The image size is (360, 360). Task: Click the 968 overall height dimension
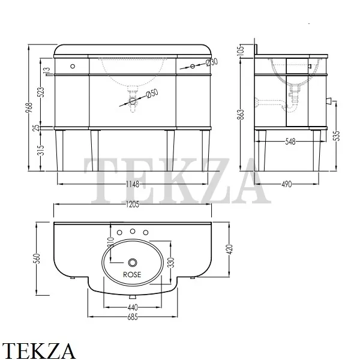(x=29, y=107)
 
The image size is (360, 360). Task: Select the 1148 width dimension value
(x=133, y=184)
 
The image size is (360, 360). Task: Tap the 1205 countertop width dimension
(x=133, y=205)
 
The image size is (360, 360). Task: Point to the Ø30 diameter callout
(x=212, y=62)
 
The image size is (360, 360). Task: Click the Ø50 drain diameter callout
(x=152, y=94)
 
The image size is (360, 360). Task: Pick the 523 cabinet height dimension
(x=42, y=92)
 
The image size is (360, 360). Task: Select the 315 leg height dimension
(x=42, y=151)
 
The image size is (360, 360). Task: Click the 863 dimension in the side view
(x=241, y=115)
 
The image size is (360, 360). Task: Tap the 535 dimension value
(x=337, y=136)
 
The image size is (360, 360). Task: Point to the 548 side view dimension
(x=290, y=142)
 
